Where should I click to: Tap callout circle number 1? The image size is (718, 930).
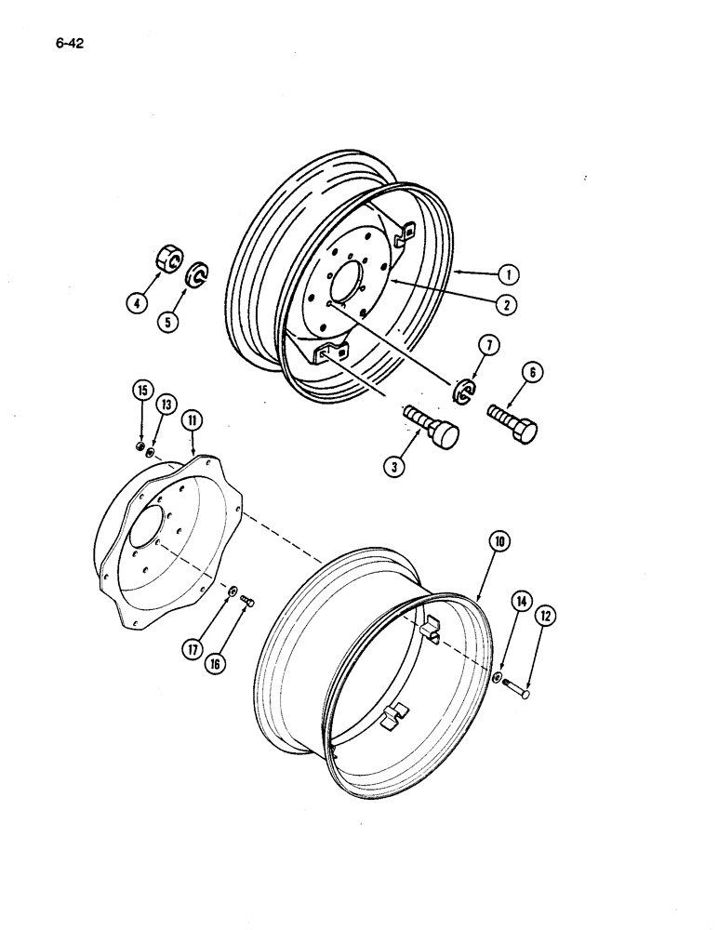[x=507, y=275]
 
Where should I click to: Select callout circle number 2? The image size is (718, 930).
[x=507, y=303]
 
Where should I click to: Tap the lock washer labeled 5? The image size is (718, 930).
[x=199, y=277]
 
